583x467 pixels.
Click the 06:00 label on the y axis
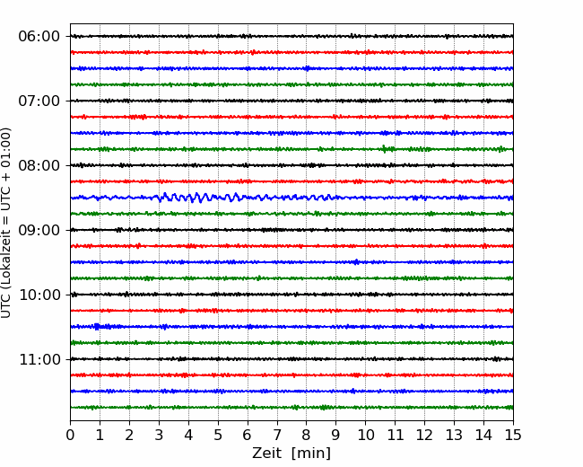(x=39, y=37)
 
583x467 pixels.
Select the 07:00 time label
(x=39, y=101)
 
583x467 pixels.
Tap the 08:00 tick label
(x=39, y=165)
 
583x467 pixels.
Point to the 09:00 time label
(x=39, y=230)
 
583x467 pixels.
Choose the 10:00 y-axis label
(x=39, y=295)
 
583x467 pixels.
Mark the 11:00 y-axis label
(x=39, y=359)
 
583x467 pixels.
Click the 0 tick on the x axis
(x=70, y=435)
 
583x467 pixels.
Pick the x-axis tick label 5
(x=218, y=435)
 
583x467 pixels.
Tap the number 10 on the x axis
(x=365, y=435)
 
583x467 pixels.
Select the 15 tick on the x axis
(x=513, y=435)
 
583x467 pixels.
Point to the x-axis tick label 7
(x=277, y=435)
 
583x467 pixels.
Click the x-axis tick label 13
(x=454, y=435)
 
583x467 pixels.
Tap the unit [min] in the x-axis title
(x=311, y=454)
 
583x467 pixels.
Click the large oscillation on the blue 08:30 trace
(x=197, y=198)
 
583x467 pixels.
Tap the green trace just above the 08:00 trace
(x=291, y=149)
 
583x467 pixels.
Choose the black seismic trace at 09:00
(x=291, y=230)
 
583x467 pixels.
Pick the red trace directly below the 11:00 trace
(x=291, y=375)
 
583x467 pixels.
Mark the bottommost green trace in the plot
(x=291, y=408)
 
